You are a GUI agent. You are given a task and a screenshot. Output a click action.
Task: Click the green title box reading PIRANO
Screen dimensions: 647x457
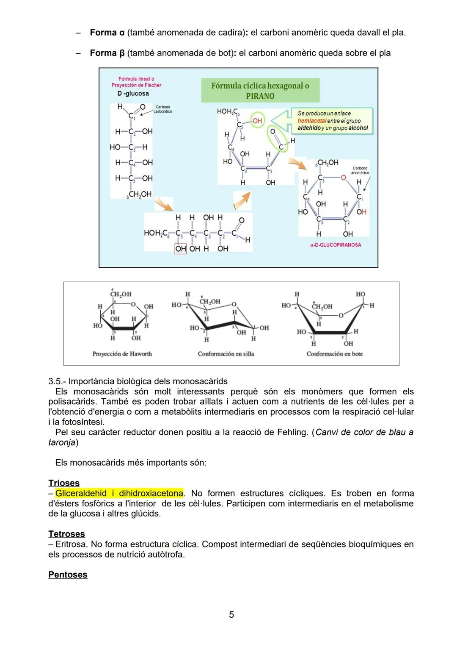coord(260,91)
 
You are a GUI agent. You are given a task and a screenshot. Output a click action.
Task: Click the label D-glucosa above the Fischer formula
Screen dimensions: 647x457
coord(133,93)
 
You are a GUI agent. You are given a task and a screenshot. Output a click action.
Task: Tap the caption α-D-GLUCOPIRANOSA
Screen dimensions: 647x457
coord(336,245)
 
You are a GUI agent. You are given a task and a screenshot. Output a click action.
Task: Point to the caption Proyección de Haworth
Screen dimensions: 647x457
coord(122,354)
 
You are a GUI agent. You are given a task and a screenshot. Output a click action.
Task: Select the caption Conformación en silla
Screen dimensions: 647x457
coord(226,354)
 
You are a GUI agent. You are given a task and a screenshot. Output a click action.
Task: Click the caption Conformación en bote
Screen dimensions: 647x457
coord(334,354)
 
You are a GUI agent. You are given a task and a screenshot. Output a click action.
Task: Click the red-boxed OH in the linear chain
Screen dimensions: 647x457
coord(180,249)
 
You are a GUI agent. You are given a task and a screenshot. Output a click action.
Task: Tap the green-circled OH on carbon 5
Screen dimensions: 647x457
coord(257,121)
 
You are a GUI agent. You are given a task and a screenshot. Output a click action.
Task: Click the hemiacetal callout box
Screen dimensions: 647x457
coord(332,121)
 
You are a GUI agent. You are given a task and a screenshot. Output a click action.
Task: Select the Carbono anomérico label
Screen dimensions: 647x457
coord(360,170)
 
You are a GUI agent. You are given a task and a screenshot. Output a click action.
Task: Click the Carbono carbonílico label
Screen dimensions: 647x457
coord(162,109)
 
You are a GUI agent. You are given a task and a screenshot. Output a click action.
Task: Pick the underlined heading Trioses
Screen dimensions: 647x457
coord(64,483)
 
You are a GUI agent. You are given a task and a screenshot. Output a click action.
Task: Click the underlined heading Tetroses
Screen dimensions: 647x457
coord(66,534)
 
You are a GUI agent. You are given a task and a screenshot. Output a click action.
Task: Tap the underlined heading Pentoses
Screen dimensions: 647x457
coord(68,575)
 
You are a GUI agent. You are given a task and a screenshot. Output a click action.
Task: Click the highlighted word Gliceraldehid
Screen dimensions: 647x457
coord(81,494)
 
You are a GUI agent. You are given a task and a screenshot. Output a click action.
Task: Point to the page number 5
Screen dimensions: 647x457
coord(231,614)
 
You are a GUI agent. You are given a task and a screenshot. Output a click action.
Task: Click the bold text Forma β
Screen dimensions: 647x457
coord(107,53)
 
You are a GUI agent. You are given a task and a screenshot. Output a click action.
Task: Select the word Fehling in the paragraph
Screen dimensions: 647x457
coord(292,432)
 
